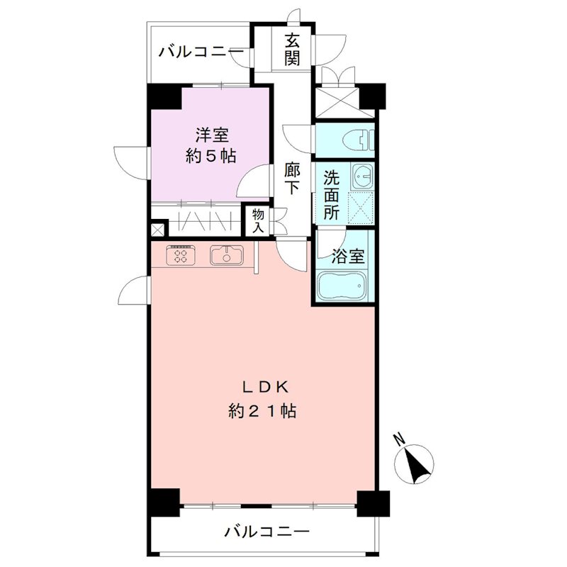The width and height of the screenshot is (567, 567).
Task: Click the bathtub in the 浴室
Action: (342, 286)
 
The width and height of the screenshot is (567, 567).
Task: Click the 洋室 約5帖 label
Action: (210, 145)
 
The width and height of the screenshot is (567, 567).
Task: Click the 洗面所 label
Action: (331, 194)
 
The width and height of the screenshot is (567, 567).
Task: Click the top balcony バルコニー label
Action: (201, 52)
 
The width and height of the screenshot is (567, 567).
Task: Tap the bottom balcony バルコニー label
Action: (266, 532)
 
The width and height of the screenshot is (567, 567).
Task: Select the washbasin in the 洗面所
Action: (364, 175)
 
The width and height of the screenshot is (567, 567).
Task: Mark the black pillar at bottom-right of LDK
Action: (373, 503)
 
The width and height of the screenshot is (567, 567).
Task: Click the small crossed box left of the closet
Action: (157, 230)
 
